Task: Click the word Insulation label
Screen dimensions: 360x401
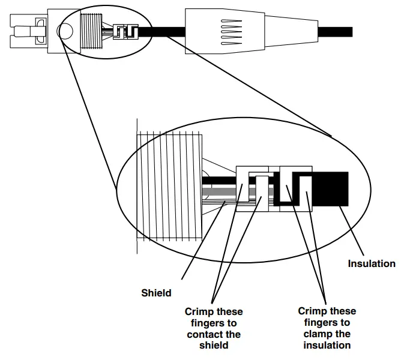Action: [372, 263]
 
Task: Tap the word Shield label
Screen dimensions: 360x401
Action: [156, 293]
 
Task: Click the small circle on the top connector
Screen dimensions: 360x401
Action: [65, 30]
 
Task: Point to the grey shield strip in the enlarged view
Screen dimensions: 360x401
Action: [219, 193]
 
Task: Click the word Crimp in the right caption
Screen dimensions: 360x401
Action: [311, 311]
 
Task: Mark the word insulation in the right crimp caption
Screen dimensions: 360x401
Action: [327, 345]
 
